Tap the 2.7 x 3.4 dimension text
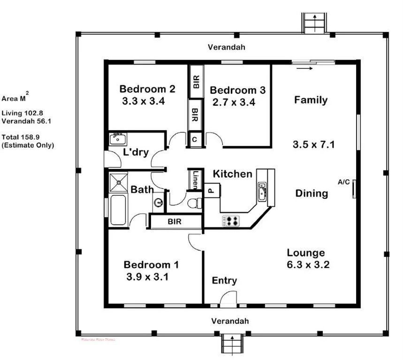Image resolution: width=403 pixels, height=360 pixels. pos(233,102)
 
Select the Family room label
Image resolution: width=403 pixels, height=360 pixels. pos(311,100)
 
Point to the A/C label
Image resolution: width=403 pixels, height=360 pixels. pos(343,182)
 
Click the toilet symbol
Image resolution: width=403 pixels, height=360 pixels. pos(193,202)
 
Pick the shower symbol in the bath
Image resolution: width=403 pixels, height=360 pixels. pos(118,182)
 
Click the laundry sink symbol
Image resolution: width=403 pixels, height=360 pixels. pos(116,139)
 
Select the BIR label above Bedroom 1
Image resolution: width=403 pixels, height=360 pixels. pos(175,222)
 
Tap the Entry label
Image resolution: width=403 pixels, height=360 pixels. pos(224,281)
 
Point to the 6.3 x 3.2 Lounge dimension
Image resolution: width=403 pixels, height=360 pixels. pos(308,264)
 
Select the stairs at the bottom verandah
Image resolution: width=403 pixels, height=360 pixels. pos(233,344)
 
